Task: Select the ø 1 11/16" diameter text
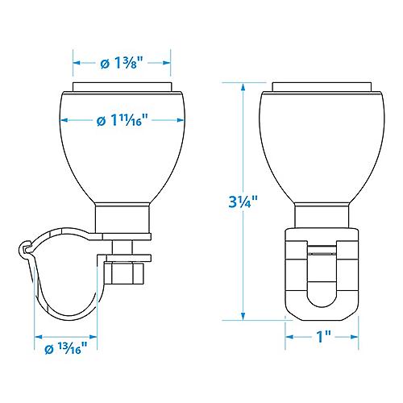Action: (x=122, y=121)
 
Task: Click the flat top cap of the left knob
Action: (x=122, y=87)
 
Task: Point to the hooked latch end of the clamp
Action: (x=24, y=250)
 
